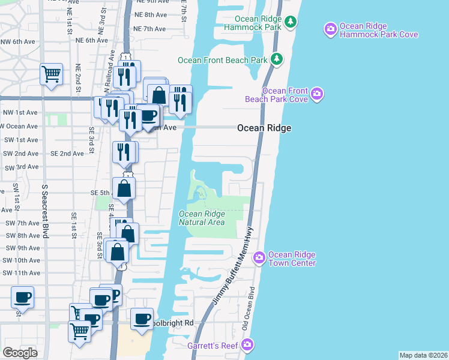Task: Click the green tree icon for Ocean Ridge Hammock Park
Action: coord(291,22)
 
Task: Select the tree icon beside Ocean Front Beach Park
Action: coord(276,59)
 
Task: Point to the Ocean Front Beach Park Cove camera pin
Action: coord(318,94)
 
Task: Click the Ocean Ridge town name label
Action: coord(264,128)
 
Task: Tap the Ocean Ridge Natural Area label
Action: coord(202,218)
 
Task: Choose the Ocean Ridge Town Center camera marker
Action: coord(259,257)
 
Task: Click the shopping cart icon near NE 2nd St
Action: coord(52,75)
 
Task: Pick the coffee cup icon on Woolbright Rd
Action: coord(142,319)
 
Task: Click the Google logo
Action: coord(20,353)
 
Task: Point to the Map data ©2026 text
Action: coord(423,355)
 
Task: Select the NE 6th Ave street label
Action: coord(92,40)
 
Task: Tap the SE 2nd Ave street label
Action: coord(67,154)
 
